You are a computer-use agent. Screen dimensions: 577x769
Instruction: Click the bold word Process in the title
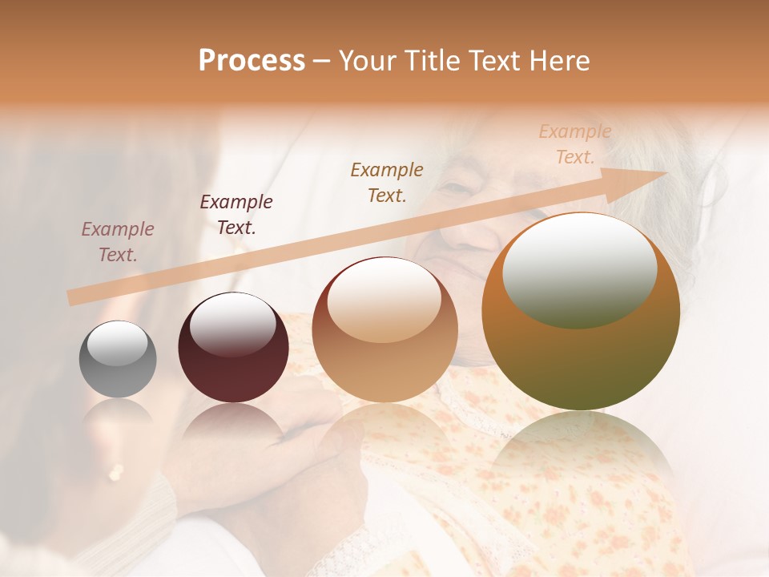252,61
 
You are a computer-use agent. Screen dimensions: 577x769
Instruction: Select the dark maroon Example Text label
236,215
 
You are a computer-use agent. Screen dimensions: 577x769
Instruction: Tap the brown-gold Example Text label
387,182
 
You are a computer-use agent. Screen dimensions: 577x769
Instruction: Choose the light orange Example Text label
575,144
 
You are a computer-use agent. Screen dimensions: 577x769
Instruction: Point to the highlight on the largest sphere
579,271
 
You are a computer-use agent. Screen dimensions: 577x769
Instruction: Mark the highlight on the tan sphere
384,301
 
